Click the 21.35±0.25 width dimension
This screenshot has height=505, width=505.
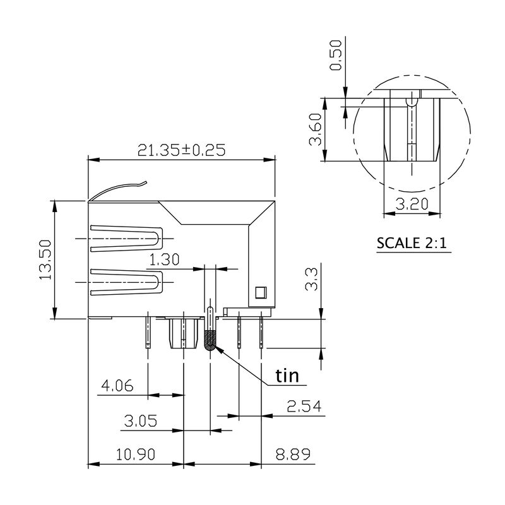tap(182, 150)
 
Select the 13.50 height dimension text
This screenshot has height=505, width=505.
tap(45, 259)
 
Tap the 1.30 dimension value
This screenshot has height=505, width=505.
tap(164, 259)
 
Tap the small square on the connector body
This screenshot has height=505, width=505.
tap(259, 292)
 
